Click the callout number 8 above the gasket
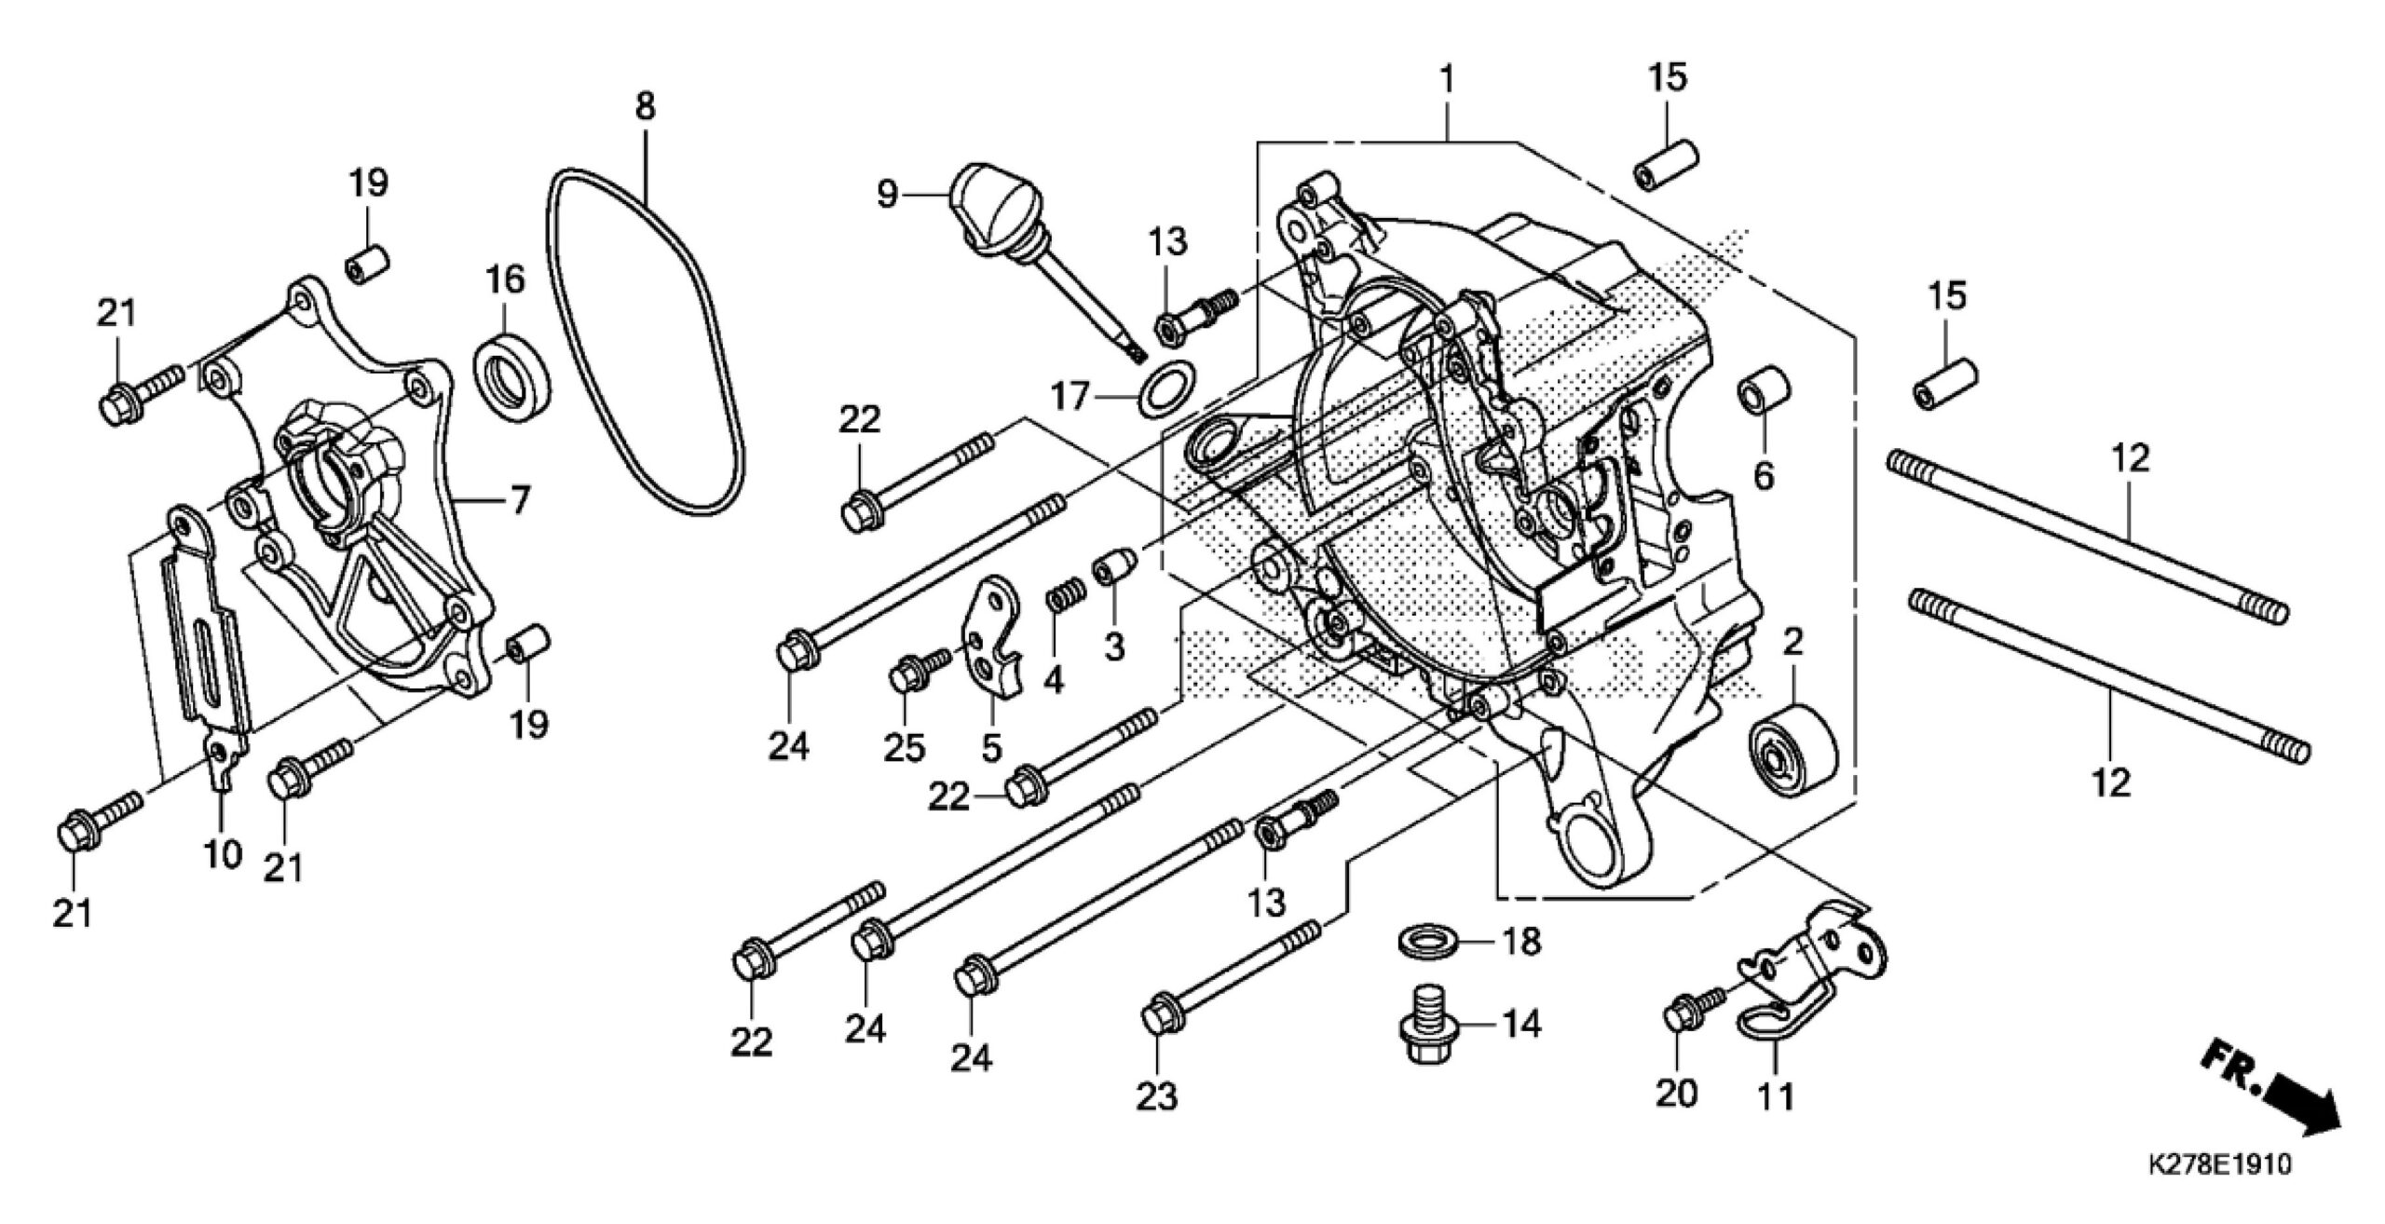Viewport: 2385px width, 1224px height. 645,106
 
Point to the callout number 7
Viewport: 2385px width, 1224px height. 518,502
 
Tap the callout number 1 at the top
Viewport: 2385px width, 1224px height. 1447,80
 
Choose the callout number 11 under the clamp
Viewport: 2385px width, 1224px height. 1775,1095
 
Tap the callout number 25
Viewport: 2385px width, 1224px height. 905,747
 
